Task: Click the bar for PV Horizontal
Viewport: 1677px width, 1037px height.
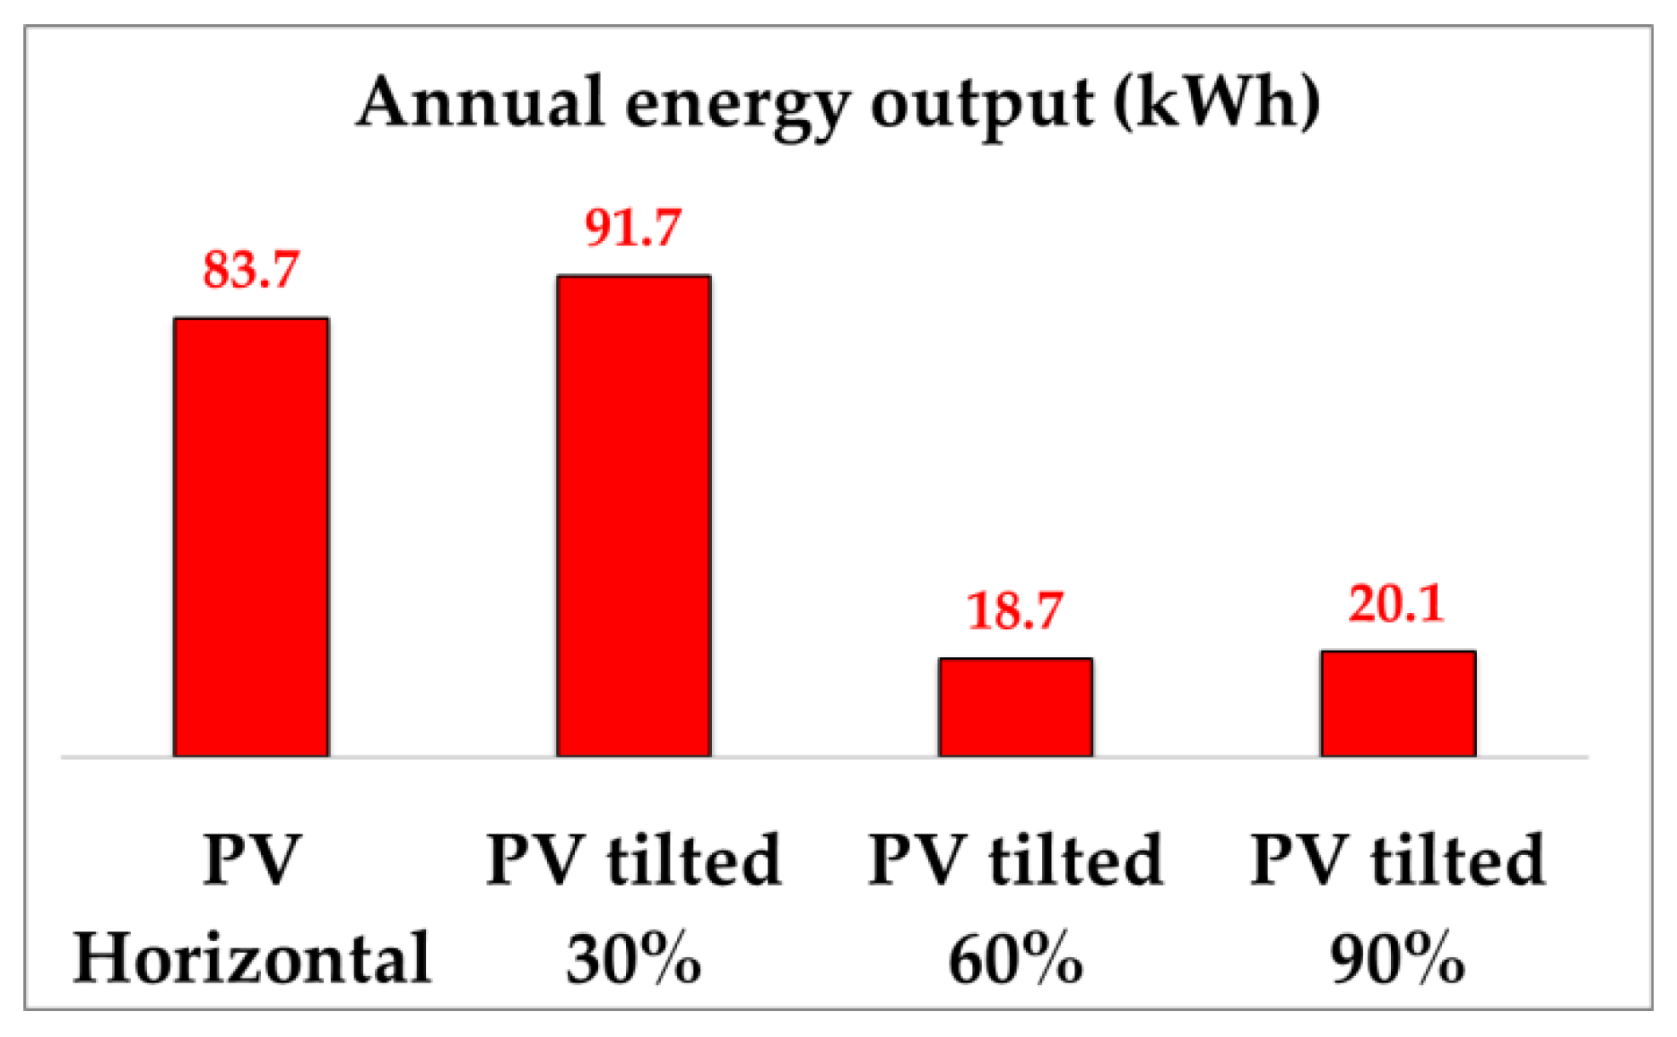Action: (x=251, y=538)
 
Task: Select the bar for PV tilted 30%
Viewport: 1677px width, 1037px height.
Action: (x=634, y=516)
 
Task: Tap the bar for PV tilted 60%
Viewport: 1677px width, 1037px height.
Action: (x=1016, y=707)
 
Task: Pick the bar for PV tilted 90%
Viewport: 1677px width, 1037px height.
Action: (x=1398, y=704)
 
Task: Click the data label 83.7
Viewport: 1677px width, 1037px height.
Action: (x=251, y=269)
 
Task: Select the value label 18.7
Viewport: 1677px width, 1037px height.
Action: (x=1015, y=610)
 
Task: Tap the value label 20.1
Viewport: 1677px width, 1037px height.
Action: (x=1397, y=603)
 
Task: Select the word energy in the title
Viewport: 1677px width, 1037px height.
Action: (x=735, y=106)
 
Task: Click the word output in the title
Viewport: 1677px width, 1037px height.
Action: (x=981, y=106)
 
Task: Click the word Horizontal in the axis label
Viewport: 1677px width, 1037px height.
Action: (x=252, y=957)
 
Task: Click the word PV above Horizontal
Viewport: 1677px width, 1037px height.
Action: (x=251, y=860)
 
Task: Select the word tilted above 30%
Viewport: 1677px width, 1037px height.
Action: (x=693, y=860)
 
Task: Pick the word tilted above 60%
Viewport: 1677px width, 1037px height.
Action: (x=1075, y=860)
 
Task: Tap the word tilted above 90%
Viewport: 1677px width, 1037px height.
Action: (x=1457, y=860)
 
